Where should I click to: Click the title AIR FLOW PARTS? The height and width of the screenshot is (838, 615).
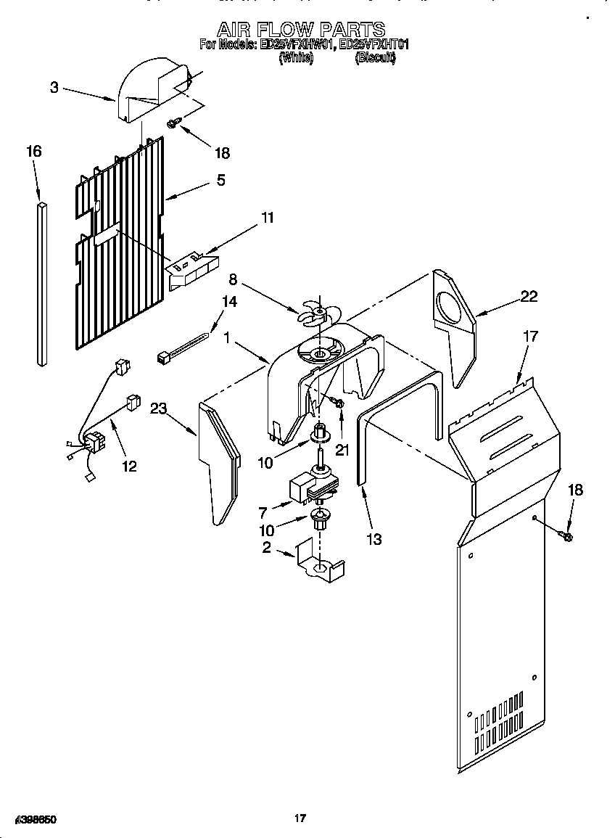click(x=301, y=29)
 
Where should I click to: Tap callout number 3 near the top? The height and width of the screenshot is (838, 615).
click(x=54, y=88)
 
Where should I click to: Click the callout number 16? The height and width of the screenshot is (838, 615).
click(x=33, y=151)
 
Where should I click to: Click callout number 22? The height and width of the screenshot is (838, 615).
click(x=529, y=296)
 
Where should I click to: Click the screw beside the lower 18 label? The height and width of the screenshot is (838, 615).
click(x=566, y=536)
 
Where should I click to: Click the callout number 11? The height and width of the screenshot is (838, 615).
click(x=267, y=218)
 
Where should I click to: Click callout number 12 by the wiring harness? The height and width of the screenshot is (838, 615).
click(x=129, y=466)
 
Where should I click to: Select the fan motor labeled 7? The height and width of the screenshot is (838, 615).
click(x=312, y=486)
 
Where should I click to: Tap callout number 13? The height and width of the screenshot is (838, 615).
click(x=374, y=539)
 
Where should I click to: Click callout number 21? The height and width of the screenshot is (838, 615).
click(x=342, y=450)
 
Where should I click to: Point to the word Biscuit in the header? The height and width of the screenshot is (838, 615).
click(x=375, y=59)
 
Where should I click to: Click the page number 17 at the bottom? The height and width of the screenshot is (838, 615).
click(x=300, y=818)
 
